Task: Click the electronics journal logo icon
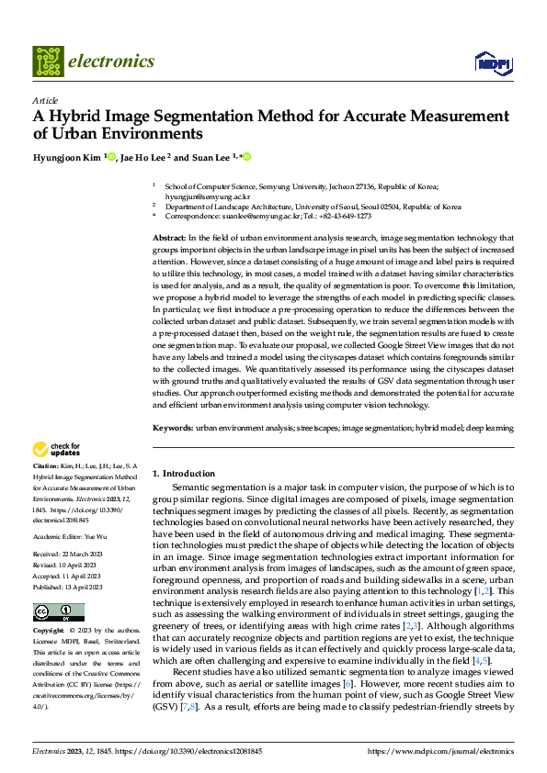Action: [x=47, y=62]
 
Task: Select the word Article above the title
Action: [x=45, y=100]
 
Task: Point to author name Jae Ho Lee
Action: [x=143, y=157]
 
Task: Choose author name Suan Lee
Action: [x=213, y=157]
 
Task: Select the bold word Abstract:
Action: [x=172, y=238]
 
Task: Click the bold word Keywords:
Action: [x=173, y=429]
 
